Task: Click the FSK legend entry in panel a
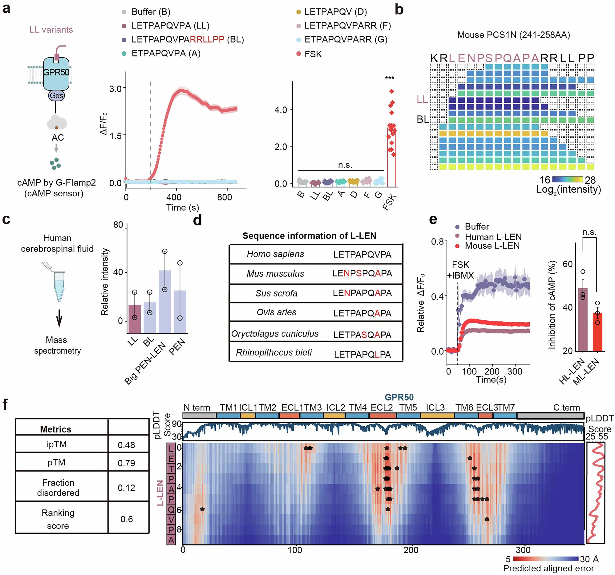click(313, 54)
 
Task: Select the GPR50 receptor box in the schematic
click(56, 74)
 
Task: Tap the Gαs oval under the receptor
click(56, 95)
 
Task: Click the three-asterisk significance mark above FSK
click(390, 78)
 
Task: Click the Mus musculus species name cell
click(275, 274)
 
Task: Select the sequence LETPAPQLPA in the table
click(362, 354)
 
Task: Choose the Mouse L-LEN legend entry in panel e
click(492, 246)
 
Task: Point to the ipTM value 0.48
click(126, 445)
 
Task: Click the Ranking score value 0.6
click(127, 519)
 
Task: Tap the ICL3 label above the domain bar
click(435, 408)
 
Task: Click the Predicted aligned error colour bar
click(546, 559)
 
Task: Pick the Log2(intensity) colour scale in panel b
click(567, 179)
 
